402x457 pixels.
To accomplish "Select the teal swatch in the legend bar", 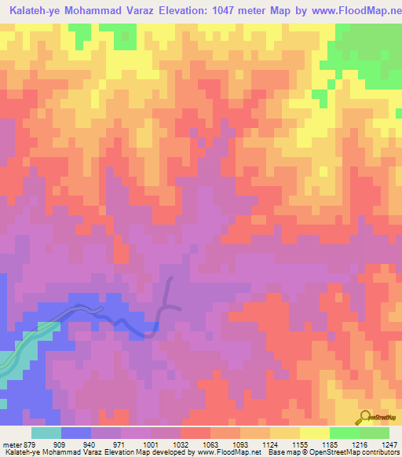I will (x=46, y=433).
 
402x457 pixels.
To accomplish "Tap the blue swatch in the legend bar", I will (x=76, y=433).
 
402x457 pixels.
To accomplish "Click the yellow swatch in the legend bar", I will (x=315, y=433).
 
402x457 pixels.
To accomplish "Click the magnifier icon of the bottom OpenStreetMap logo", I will (x=366, y=416).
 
